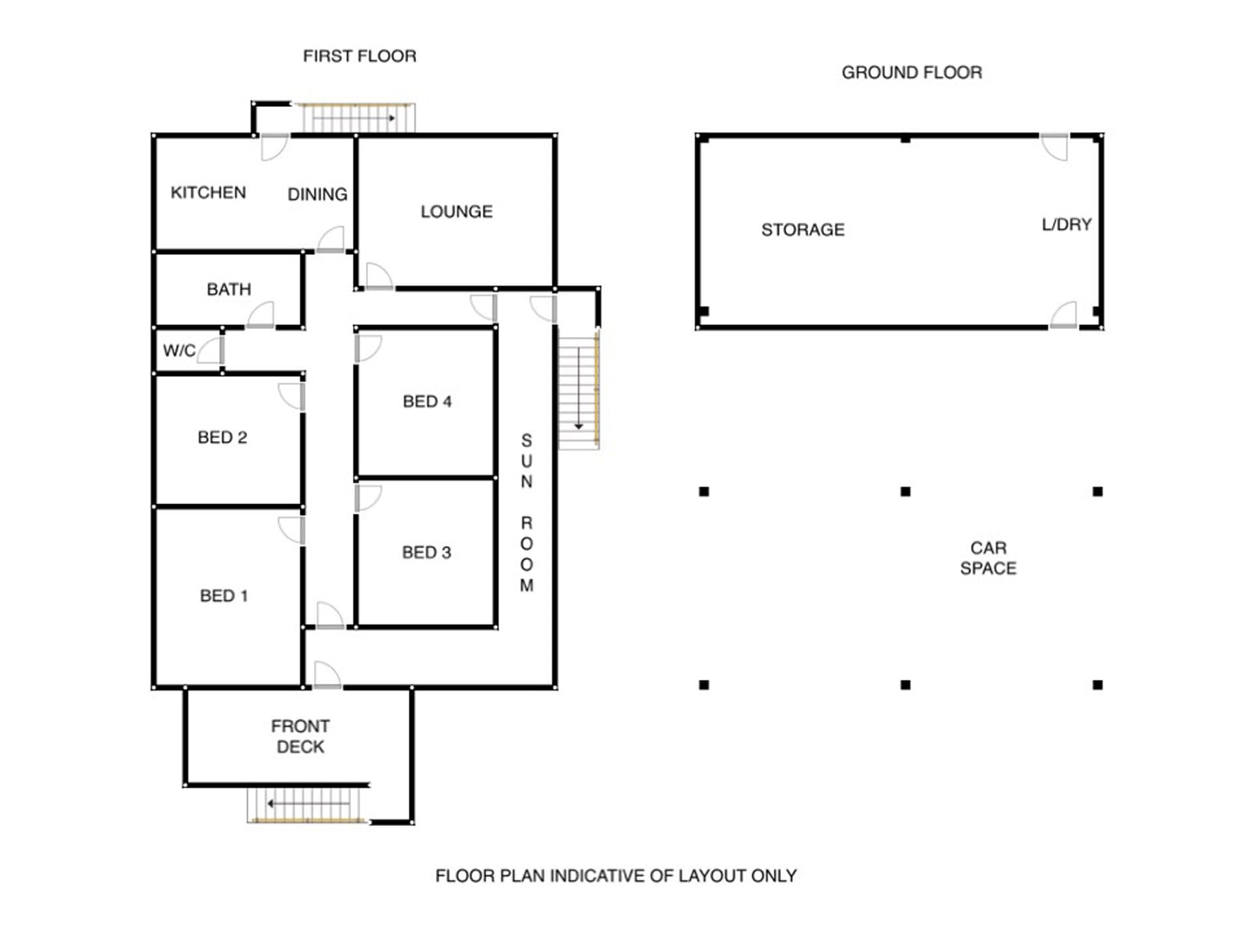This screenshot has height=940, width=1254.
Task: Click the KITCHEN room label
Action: point(208,192)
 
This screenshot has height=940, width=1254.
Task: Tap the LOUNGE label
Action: point(456,212)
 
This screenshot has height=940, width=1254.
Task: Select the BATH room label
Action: point(229,289)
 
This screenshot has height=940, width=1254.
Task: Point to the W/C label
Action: point(179,350)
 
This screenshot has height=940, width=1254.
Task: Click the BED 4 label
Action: point(427,401)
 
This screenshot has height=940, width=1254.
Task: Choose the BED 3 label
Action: point(427,553)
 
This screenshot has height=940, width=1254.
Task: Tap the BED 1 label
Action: point(224,596)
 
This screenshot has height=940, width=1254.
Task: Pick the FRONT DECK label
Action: point(301,736)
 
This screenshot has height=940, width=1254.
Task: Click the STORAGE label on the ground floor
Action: point(803,230)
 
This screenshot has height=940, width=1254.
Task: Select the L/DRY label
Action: point(1067,225)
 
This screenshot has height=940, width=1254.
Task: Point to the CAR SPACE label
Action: point(989,558)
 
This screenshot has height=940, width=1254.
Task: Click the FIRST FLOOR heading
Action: point(360,56)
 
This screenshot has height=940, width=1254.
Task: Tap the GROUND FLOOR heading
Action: point(912,72)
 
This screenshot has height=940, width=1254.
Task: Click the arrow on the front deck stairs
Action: point(309,804)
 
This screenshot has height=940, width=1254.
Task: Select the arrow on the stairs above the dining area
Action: point(354,118)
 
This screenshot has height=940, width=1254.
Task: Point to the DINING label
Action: point(317,194)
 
